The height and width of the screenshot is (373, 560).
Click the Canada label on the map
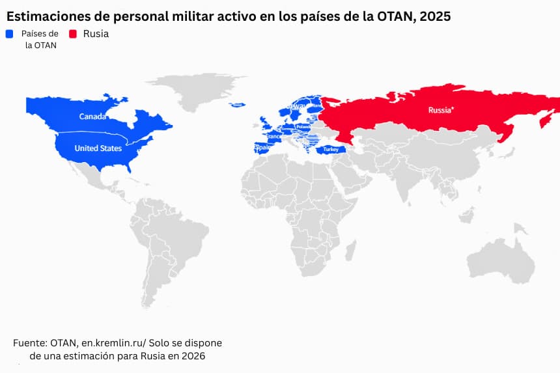tap(92, 117)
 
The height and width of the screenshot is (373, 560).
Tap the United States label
tap(98, 148)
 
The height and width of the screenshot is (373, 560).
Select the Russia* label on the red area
tap(441, 110)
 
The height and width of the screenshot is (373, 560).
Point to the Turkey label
tap(331, 150)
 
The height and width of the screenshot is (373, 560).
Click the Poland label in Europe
tap(303, 127)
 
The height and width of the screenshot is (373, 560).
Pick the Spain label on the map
tap(262, 147)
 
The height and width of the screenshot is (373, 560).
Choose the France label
tap(274, 137)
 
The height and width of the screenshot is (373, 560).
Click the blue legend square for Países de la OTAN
tap(10, 34)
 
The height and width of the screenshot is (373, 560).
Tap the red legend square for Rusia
tap(73, 34)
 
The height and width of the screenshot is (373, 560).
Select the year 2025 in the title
tap(435, 16)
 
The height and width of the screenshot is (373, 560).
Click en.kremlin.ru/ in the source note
tap(114, 342)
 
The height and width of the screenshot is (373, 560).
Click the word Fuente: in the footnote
tap(30, 342)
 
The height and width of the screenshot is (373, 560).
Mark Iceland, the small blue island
tap(238, 105)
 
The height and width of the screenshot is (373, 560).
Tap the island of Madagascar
tap(350, 250)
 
